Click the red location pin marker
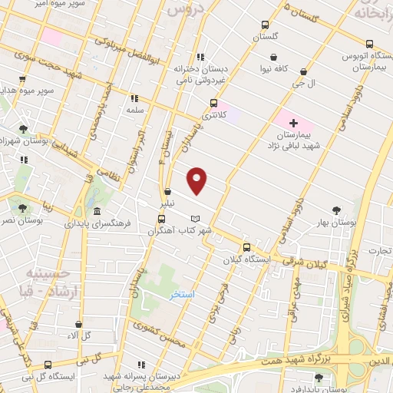click(197, 180)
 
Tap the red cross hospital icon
click(293, 122)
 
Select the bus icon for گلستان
click(265, 25)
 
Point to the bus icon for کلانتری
click(213, 103)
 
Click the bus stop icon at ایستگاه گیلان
click(246, 247)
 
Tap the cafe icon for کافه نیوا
click(274, 56)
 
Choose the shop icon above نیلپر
click(167, 192)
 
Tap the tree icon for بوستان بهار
click(335, 209)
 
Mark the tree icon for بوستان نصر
click(21, 207)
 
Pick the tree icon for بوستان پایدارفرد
click(319, 377)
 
